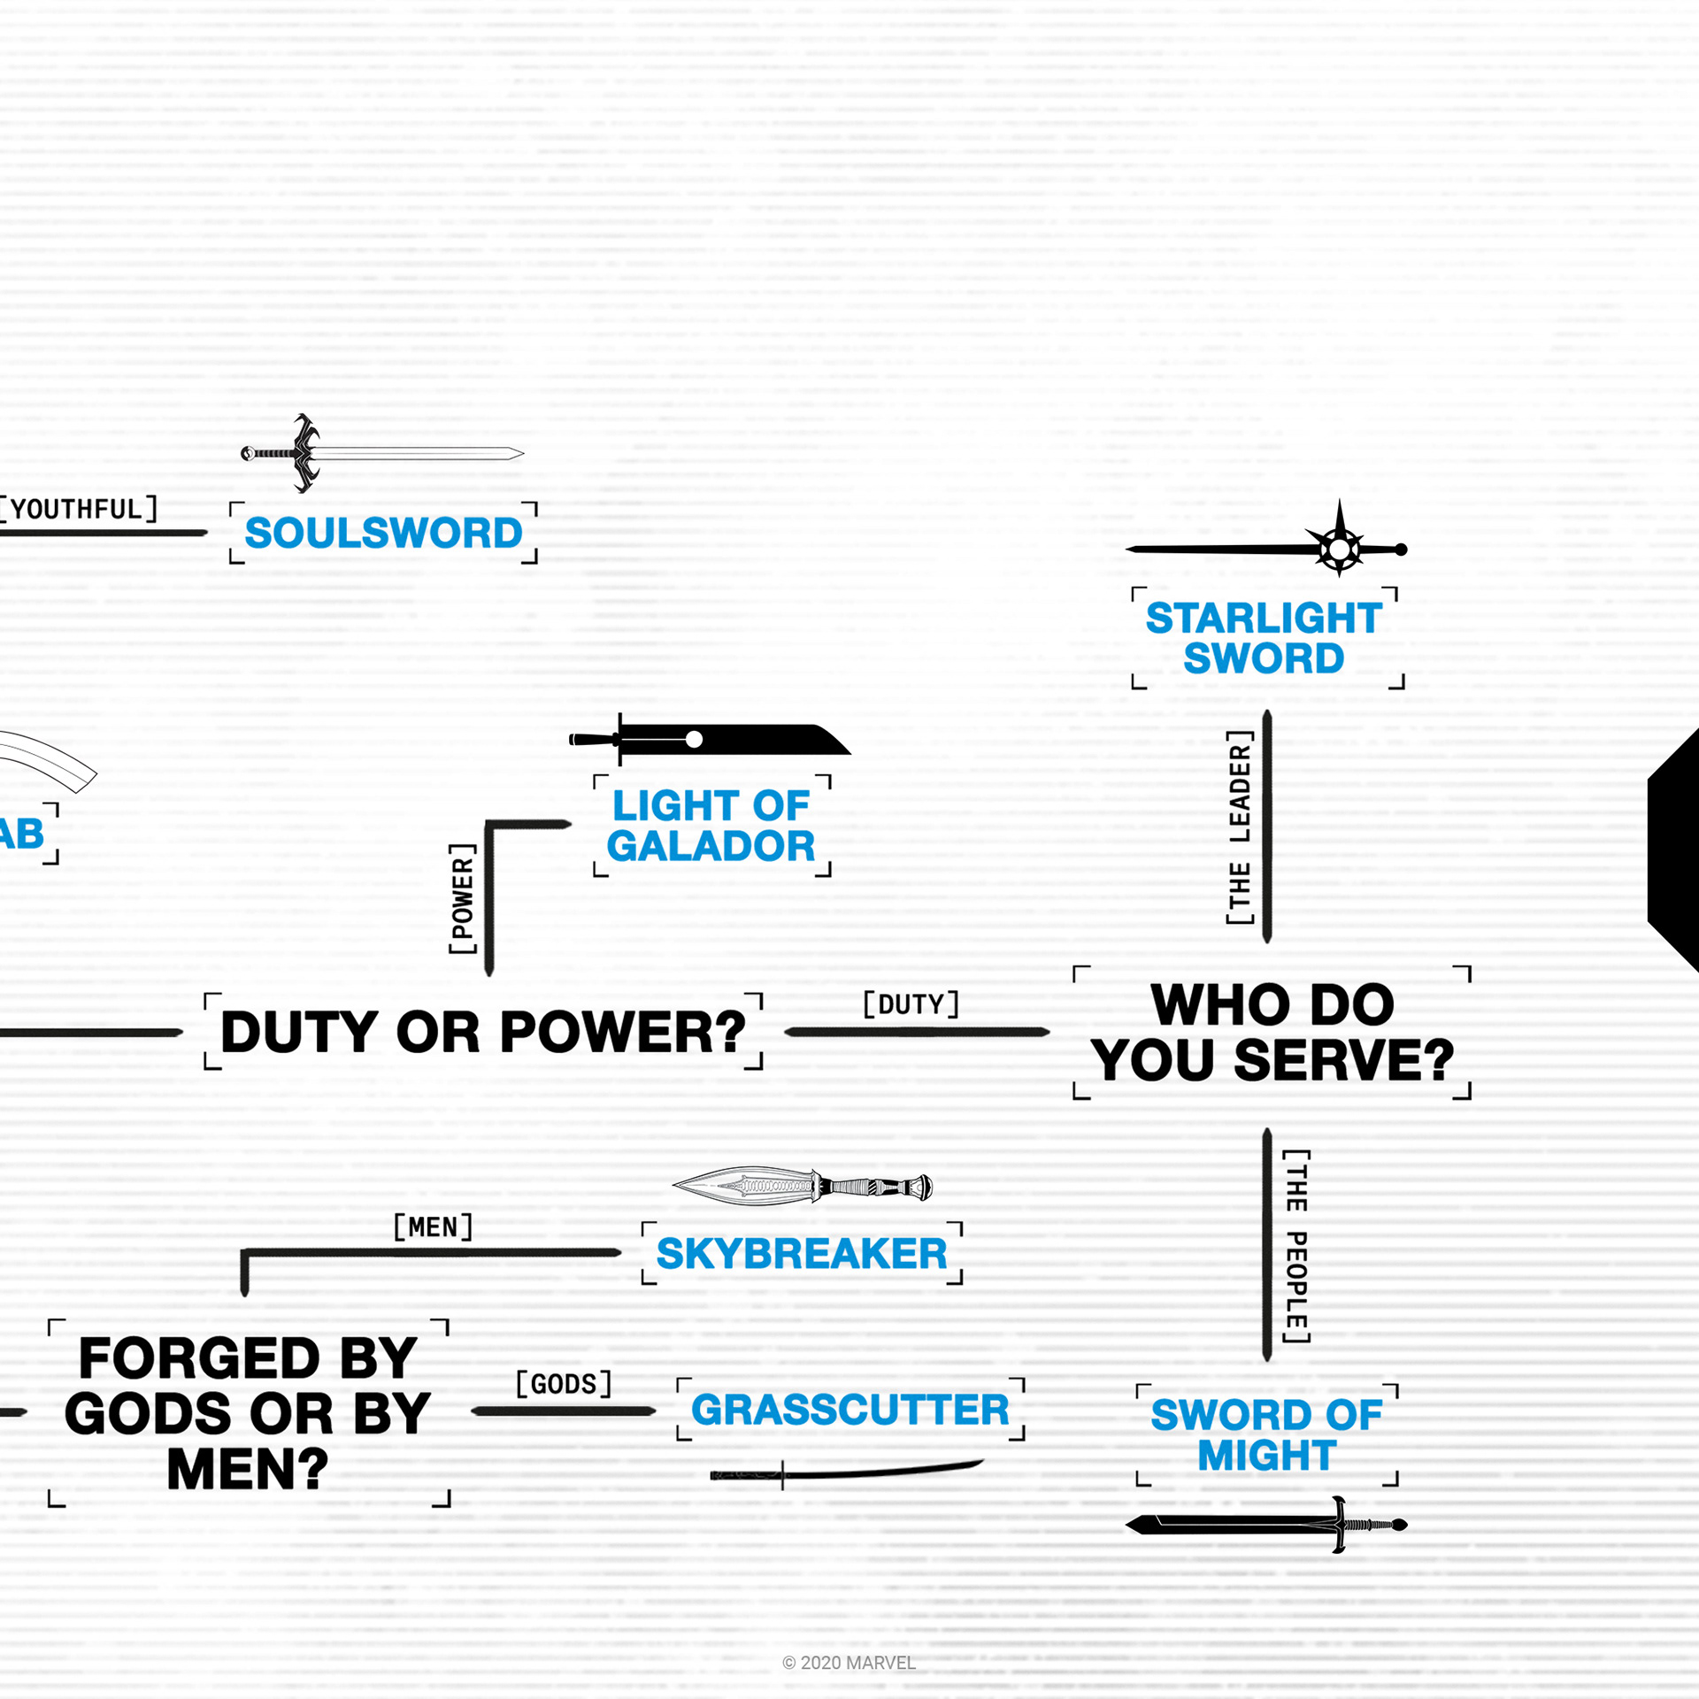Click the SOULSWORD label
click(x=383, y=533)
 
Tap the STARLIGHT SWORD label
click(x=1264, y=637)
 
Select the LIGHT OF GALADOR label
click(x=711, y=826)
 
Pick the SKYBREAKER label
click(x=802, y=1254)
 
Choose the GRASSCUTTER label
click(x=849, y=1410)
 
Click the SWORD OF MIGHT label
click(x=1266, y=1434)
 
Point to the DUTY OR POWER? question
click(x=483, y=1032)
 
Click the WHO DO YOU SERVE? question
click(x=1272, y=1032)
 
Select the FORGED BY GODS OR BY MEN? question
click(x=248, y=1413)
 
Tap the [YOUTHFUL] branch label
click(x=78, y=509)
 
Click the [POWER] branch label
click(x=463, y=899)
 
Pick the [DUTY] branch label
click(x=911, y=1004)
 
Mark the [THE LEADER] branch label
click(x=1240, y=826)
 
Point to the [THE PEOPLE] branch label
click(x=1296, y=1246)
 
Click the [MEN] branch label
click(x=433, y=1226)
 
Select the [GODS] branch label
click(x=564, y=1383)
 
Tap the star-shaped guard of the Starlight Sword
click(x=1340, y=549)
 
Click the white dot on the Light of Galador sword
click(x=695, y=739)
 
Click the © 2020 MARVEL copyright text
click(x=849, y=1663)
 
